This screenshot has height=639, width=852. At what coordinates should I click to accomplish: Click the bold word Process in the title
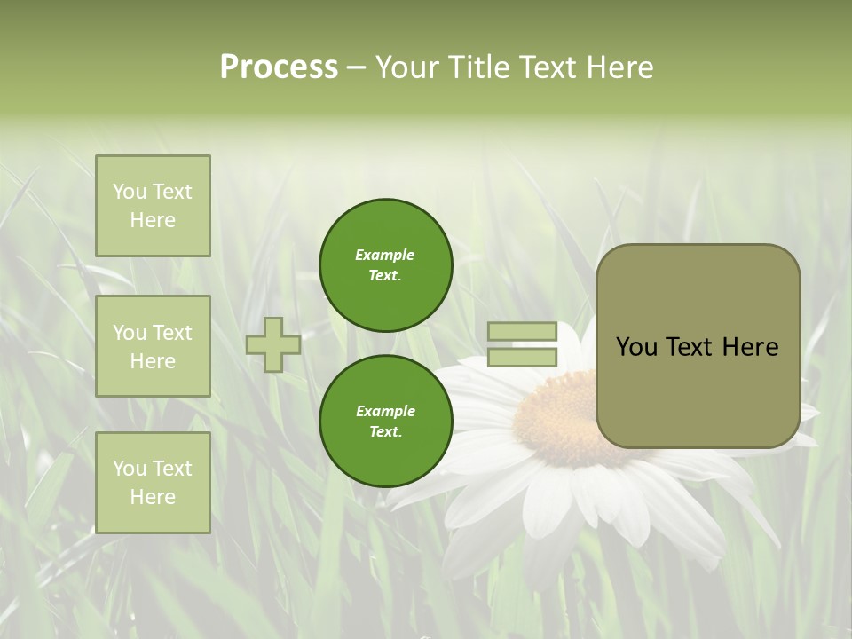(279, 67)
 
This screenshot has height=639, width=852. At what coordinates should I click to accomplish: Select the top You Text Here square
(153, 206)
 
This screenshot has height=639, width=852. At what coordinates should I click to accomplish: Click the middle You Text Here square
(153, 346)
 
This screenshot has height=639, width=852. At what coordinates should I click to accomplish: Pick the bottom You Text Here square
(153, 482)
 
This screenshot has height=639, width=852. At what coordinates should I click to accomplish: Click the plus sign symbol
(273, 344)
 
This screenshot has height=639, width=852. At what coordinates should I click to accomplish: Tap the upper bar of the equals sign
(523, 332)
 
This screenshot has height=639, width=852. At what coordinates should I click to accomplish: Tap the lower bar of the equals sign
(523, 358)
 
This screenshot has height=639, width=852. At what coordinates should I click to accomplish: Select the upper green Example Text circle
(385, 264)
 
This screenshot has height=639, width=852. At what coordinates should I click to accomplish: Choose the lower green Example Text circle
(385, 421)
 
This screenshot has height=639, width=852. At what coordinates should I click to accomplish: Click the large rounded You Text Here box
(698, 346)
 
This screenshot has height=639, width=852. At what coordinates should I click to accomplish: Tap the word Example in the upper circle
(385, 255)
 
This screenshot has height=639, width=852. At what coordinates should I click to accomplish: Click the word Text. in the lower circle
(385, 431)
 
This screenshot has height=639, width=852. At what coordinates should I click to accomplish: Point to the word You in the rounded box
(636, 347)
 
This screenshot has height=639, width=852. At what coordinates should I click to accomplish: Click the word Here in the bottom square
(153, 497)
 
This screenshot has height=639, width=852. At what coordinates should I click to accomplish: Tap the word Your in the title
(406, 67)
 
